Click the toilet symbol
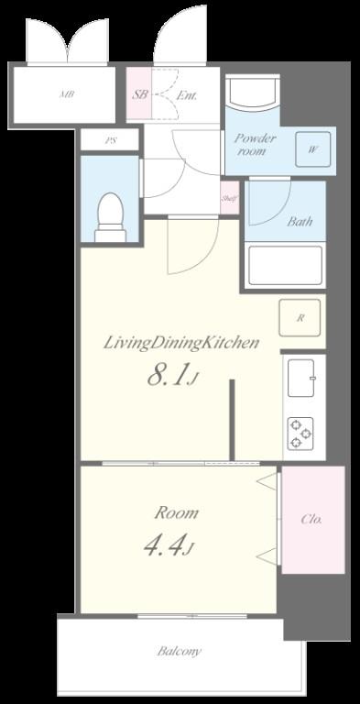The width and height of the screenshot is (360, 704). click(x=111, y=217)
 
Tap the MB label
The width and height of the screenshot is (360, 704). click(x=67, y=94)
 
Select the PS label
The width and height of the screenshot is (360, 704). click(x=110, y=140)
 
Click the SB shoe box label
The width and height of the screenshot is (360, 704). click(x=139, y=95)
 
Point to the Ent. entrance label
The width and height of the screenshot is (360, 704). click(x=186, y=95)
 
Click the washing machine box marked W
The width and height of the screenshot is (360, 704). click(x=313, y=149)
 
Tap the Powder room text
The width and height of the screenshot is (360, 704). click(x=255, y=144)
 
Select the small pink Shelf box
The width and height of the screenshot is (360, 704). click(x=229, y=198)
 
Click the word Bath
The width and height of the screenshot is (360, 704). click(x=300, y=221)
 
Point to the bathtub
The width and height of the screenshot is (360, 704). click(x=286, y=265)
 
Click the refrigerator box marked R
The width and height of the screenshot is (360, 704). click(x=300, y=318)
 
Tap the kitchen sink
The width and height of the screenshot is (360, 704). click(x=300, y=378)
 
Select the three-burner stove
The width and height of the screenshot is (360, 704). click(x=300, y=434)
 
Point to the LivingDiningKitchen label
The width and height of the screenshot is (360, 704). click(x=181, y=344)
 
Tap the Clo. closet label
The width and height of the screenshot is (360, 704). click(x=311, y=520)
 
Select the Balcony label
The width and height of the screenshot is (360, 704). click(x=180, y=651)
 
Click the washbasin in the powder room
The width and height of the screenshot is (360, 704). click(x=253, y=93)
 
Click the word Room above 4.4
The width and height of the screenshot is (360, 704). click(x=177, y=512)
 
